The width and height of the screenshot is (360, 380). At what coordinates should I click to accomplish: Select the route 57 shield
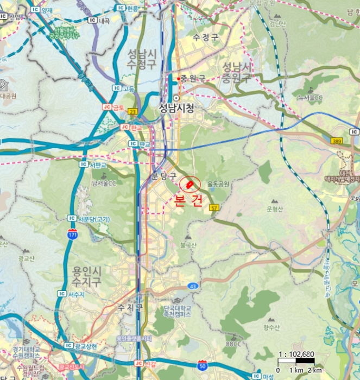point(214,208)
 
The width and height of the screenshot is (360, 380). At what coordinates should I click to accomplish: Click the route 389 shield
point(337,140)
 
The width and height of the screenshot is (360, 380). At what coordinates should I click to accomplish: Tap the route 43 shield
point(193,286)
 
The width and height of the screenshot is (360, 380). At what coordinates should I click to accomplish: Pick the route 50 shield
point(203,365)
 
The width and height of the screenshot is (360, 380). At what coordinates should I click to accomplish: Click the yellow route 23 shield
point(133,111)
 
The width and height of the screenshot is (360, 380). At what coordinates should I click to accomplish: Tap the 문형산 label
point(276,208)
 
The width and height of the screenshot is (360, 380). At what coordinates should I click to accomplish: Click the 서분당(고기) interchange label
point(94,219)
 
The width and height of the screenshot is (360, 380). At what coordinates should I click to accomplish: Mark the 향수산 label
point(270,327)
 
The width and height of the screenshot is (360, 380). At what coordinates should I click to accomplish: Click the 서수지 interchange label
point(77,294)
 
